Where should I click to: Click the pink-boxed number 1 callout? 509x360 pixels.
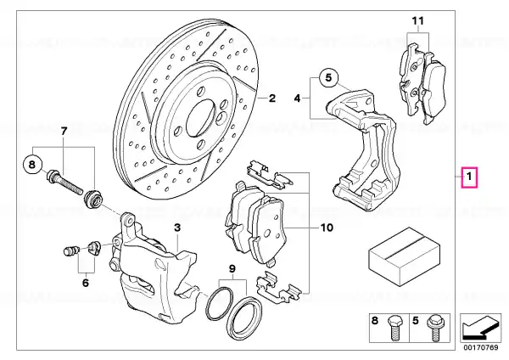pyautogui.click(x=469, y=177)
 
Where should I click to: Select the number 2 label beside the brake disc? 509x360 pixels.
pyautogui.click(x=271, y=98)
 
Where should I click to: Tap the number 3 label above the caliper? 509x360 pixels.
pyautogui.click(x=177, y=228)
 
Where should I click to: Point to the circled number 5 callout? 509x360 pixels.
pyautogui.click(x=329, y=78)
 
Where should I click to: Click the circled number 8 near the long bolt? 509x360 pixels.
pyautogui.click(x=32, y=165)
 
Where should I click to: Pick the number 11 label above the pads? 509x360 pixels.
pyautogui.click(x=418, y=21)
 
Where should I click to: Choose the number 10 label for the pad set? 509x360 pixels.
pyautogui.click(x=327, y=228)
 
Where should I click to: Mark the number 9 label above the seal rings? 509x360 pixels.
pyautogui.click(x=232, y=268)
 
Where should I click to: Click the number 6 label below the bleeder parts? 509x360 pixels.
pyautogui.click(x=86, y=283)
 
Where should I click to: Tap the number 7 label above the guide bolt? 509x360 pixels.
pyautogui.click(x=64, y=132)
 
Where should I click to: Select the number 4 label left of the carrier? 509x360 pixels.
pyautogui.click(x=298, y=98)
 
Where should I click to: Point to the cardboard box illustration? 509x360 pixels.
pyautogui.click(x=404, y=256)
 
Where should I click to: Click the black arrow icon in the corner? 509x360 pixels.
pyautogui.click(x=480, y=328)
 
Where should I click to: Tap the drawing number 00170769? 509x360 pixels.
pyautogui.click(x=481, y=347)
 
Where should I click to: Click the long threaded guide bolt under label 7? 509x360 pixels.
pyautogui.click(x=65, y=182)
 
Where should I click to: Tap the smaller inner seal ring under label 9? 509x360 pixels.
pyautogui.click(x=220, y=303)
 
